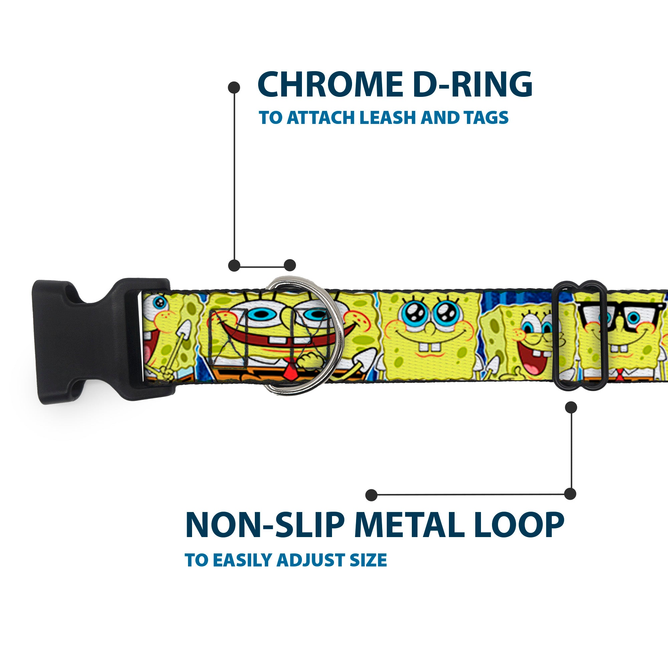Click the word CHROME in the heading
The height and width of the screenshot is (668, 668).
(330, 85)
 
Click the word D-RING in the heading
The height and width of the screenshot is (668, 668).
(472, 85)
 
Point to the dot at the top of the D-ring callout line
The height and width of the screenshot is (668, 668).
(234, 88)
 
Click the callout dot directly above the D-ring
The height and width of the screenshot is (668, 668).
(290, 266)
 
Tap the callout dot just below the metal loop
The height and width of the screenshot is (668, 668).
(571, 407)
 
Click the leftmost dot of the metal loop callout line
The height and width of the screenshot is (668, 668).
(371, 495)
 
